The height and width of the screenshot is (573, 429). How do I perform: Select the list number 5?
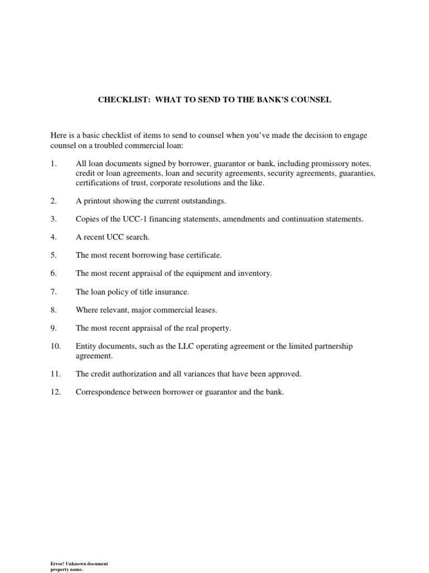click(x=54, y=255)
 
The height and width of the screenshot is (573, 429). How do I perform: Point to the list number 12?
click(x=55, y=392)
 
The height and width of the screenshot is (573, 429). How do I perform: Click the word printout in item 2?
click(x=97, y=200)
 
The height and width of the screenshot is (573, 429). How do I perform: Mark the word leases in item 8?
click(x=205, y=310)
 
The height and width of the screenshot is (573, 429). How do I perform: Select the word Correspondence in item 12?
click(x=103, y=392)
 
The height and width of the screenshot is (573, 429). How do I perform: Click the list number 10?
click(x=55, y=346)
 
